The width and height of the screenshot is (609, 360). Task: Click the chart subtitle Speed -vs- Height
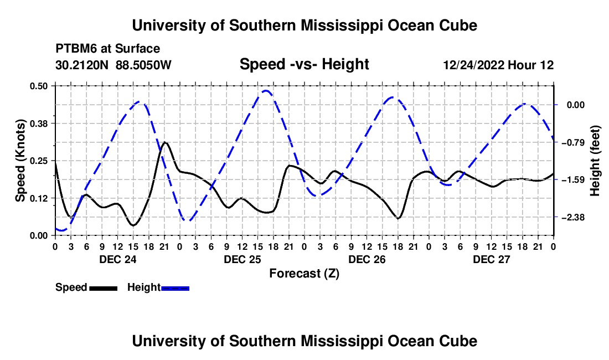pos(304,64)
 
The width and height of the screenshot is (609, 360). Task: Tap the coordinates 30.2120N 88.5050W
pos(113,65)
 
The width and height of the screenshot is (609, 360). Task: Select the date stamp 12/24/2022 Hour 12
pos(498,65)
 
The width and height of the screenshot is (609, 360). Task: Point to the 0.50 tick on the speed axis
pos(38,86)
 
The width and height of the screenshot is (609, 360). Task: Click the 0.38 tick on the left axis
pos(38,124)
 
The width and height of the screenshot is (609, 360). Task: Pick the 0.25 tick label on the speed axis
pos(38,161)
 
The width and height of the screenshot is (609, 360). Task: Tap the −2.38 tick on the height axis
pos(573,217)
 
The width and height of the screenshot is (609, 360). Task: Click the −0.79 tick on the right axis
pos(573,142)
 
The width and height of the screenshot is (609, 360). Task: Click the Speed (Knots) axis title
pos(20,161)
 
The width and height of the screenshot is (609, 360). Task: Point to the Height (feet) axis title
pos(595,161)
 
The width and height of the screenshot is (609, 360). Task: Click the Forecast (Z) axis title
pos(304,274)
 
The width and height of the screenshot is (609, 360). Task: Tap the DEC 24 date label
pos(118,259)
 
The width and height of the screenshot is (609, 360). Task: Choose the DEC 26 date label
pos(367,259)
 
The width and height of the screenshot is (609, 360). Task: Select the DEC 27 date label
pos(491,259)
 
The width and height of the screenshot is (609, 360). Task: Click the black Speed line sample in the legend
pos(103,288)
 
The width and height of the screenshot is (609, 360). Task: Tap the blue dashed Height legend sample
pos(175,288)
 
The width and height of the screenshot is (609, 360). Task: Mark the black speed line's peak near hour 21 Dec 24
pos(164,142)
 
